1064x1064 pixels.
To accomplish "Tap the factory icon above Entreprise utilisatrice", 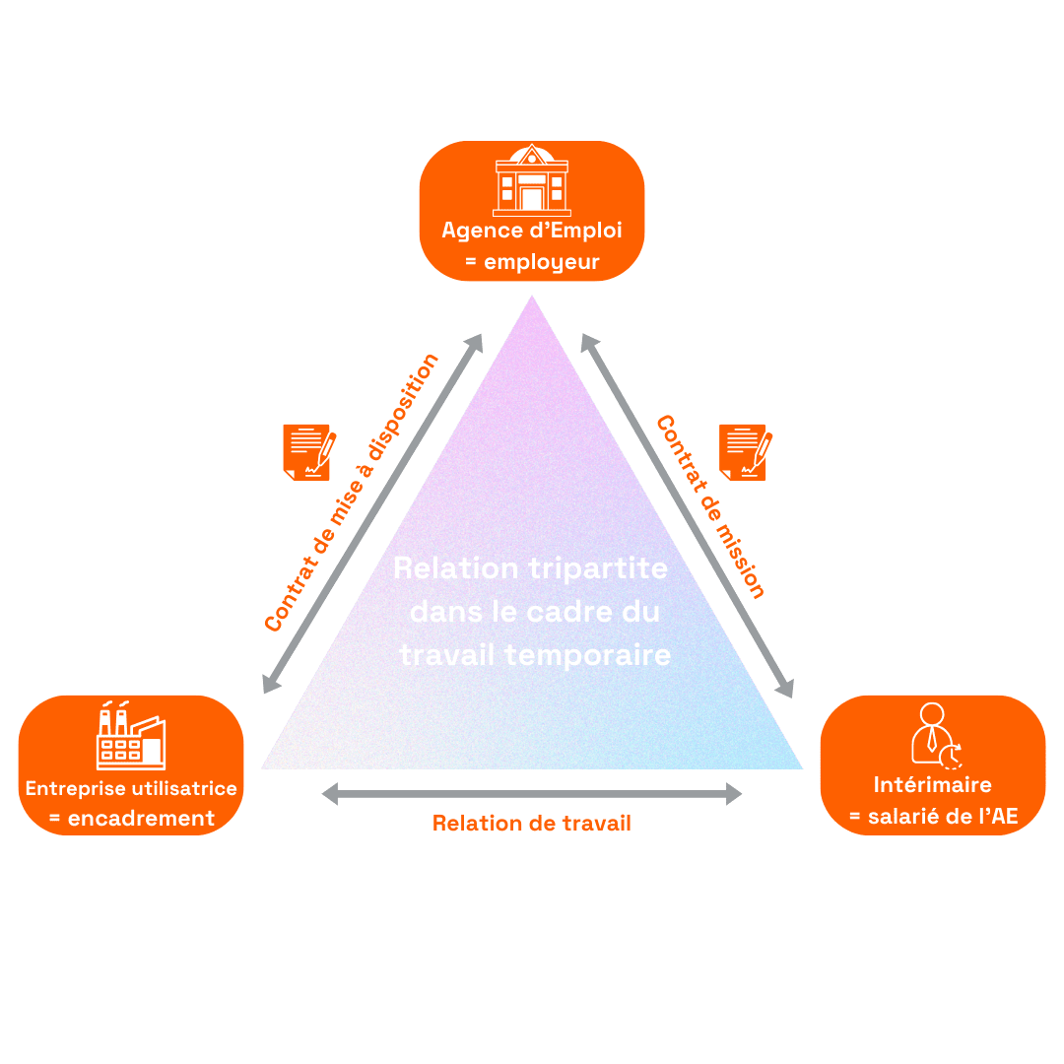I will point(131,736).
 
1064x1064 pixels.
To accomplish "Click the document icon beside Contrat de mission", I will point(746,451).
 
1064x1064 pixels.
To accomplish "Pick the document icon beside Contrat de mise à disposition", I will point(309,451).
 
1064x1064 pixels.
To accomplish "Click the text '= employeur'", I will point(532,263).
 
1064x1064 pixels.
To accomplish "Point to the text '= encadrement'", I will point(131,818).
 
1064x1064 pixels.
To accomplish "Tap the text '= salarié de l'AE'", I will point(932,817).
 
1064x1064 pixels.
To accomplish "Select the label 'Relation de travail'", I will point(532,823).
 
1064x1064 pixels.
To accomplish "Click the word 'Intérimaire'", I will point(932,785).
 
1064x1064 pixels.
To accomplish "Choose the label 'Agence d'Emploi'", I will point(532,231).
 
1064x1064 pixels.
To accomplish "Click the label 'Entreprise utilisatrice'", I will point(131,788).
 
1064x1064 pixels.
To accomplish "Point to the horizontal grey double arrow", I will point(532,793).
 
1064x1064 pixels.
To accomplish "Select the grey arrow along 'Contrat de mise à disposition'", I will point(372,514).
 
